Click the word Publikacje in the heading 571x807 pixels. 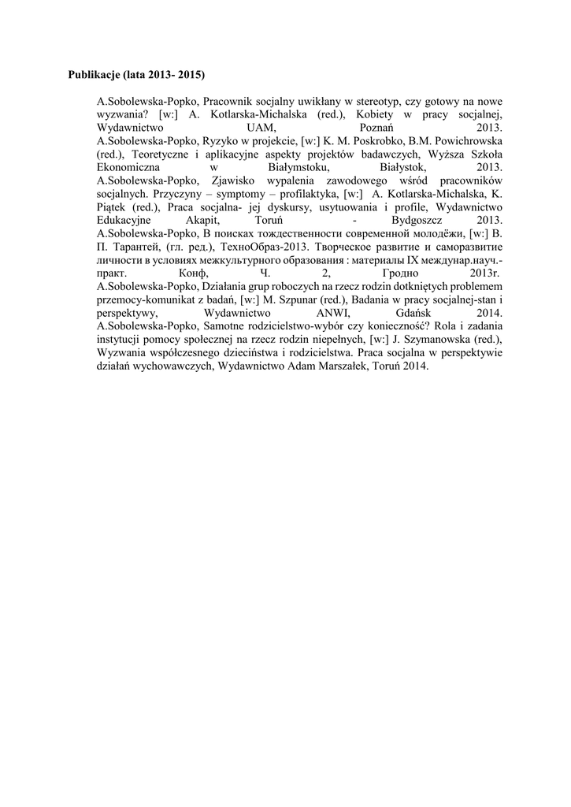pos(94,76)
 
